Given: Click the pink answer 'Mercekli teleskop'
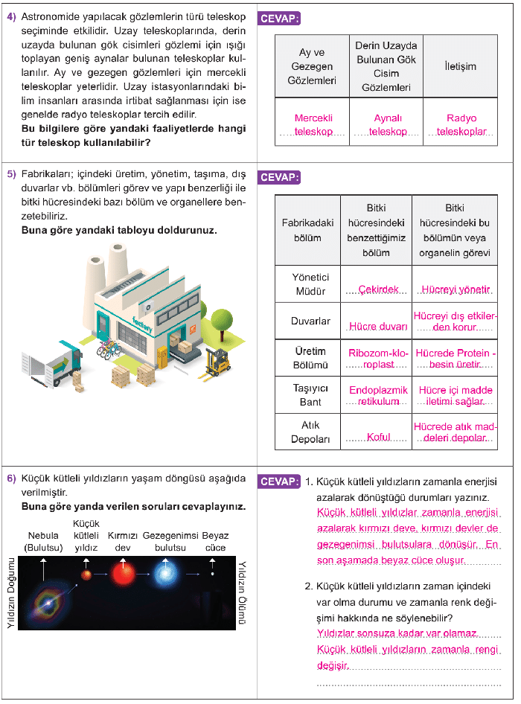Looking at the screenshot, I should (x=313, y=124).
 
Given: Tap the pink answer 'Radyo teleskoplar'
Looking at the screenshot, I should (x=461, y=124).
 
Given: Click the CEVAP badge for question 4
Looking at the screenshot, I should (x=280, y=19).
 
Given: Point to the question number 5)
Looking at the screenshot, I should (x=11, y=175).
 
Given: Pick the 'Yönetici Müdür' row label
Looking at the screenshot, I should (x=310, y=284).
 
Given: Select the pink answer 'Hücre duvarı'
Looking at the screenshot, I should (x=377, y=326).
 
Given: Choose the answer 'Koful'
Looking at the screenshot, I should (x=378, y=437).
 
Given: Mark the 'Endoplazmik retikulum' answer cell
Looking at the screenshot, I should (x=378, y=395).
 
